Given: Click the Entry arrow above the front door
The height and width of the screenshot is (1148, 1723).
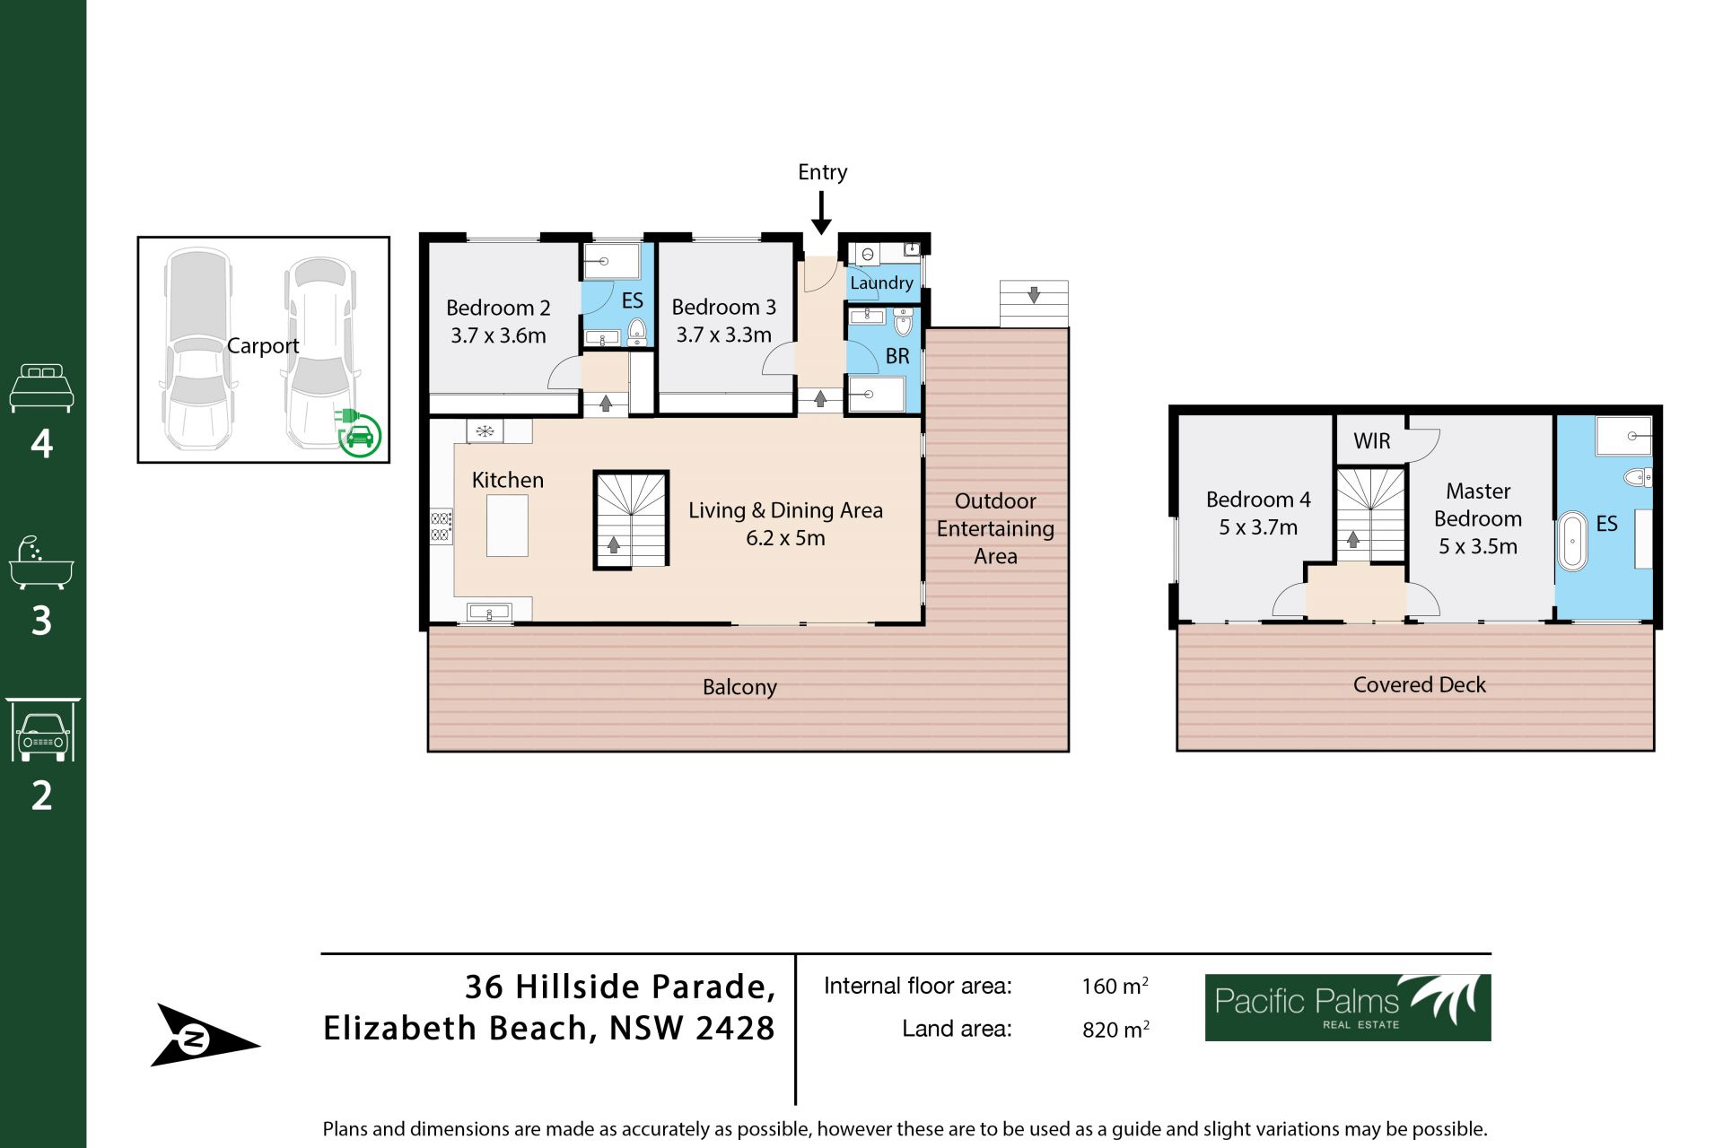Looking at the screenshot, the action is (821, 213).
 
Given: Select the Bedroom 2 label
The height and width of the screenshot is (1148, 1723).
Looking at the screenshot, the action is (498, 308).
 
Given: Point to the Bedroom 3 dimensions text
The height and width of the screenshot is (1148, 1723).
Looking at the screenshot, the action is (723, 335).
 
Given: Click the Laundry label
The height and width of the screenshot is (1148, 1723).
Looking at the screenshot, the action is (881, 283).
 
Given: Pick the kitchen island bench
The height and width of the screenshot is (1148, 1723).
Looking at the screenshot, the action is (507, 526).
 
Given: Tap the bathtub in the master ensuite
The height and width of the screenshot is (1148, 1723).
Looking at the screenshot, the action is (1572, 541).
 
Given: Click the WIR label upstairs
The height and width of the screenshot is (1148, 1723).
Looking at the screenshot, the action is (1372, 441).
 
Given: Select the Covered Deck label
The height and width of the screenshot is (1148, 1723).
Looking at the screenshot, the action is (1419, 685).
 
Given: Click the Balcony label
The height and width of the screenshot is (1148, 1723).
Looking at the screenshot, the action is (739, 687).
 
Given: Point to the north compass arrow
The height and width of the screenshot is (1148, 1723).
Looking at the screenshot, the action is (206, 1036).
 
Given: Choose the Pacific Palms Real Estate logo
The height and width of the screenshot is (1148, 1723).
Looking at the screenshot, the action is (1348, 1007).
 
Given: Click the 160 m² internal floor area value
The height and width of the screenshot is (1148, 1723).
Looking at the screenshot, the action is (1115, 986).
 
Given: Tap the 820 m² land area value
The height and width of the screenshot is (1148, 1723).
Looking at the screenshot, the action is (1115, 1029).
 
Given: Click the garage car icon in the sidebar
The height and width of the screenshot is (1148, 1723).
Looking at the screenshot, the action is (42, 730).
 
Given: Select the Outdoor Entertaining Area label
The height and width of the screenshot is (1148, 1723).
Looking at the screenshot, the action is (995, 528).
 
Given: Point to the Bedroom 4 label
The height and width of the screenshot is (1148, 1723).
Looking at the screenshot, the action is (1258, 500).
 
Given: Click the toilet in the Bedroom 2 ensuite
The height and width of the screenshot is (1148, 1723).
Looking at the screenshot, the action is (636, 330).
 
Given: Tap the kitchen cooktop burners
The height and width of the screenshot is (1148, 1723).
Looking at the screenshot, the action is (441, 526).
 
